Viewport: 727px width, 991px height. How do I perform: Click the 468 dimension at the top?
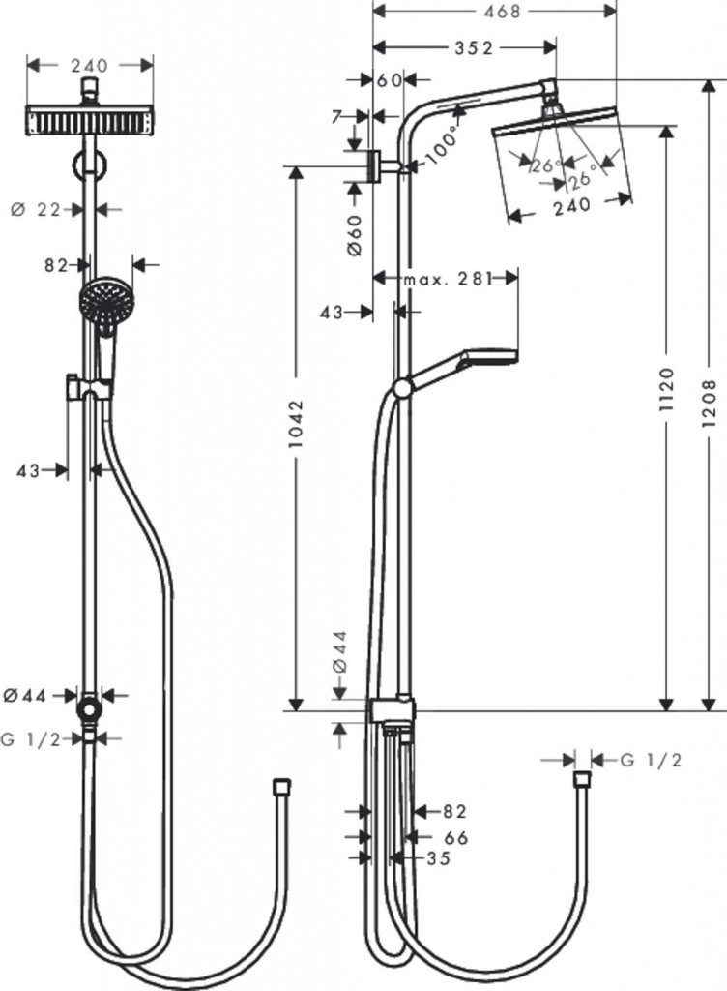pos(495,12)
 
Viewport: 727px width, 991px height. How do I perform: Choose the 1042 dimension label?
pos(297,426)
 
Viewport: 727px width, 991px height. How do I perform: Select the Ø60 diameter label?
pos(353,235)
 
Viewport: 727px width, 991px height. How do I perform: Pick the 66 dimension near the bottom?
pos(455,837)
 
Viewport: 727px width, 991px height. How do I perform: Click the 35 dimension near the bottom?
pos(438,857)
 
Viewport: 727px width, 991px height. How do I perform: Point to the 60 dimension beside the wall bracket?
pos(391,81)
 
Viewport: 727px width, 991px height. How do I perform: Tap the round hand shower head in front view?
pos(105,301)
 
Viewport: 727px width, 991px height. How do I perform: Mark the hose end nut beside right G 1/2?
pos(581,780)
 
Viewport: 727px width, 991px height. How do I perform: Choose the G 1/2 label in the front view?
pos(31,738)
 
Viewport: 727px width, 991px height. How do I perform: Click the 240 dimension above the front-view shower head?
pos(90,65)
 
